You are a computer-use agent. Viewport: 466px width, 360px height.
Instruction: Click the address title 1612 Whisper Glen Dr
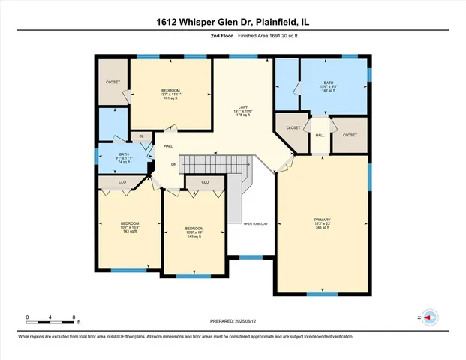(233, 22)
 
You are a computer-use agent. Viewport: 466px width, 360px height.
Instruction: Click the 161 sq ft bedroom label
(172, 93)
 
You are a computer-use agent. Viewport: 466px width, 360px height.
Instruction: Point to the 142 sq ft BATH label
(329, 85)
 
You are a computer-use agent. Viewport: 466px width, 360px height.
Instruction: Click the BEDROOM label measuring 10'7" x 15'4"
(130, 226)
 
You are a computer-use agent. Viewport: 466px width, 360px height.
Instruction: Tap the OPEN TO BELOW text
(255, 223)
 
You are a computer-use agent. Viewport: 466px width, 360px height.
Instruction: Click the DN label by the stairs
(173, 164)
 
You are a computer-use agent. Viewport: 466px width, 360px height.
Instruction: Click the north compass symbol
(430, 318)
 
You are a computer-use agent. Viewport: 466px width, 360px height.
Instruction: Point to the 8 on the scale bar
(74, 317)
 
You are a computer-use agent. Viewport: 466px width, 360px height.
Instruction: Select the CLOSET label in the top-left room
(113, 82)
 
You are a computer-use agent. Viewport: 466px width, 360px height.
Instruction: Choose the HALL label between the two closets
(320, 135)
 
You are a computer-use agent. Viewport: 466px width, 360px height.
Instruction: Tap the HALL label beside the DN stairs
(168, 145)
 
